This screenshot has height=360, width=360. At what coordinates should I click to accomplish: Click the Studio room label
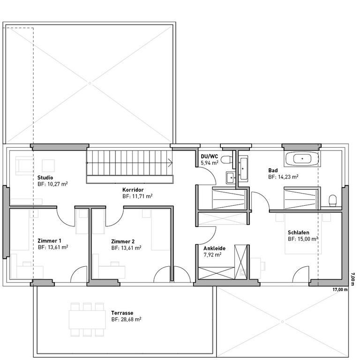[x=45, y=178]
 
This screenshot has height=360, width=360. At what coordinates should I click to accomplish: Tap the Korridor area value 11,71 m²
[x=137, y=196]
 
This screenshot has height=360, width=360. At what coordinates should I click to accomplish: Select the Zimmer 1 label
[x=49, y=240]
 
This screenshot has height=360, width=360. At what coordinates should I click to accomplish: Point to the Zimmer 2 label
[x=123, y=241]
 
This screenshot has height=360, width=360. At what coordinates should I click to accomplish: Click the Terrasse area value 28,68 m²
[x=126, y=319]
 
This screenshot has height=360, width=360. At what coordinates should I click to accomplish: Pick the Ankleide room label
[x=214, y=248]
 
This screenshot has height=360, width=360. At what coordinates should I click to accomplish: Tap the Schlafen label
[x=299, y=232]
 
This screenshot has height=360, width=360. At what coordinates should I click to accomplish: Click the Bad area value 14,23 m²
[x=283, y=177]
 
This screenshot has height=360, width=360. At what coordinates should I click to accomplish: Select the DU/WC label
[x=210, y=157]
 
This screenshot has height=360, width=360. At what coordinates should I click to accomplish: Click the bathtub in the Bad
[x=302, y=158]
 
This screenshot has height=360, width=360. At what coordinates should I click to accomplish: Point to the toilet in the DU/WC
[x=227, y=159]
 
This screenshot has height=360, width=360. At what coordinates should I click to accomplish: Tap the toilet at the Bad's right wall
[x=332, y=201]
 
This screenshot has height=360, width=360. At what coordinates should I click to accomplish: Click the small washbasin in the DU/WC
[x=230, y=178]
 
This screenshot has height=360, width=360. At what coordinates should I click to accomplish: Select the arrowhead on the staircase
[x=171, y=163]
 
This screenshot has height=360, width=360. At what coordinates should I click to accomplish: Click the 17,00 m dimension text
[x=340, y=290]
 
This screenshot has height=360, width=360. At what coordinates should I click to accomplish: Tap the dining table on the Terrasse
[x=87, y=320]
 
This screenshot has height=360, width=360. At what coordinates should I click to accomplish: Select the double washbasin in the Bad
[x=243, y=169]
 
